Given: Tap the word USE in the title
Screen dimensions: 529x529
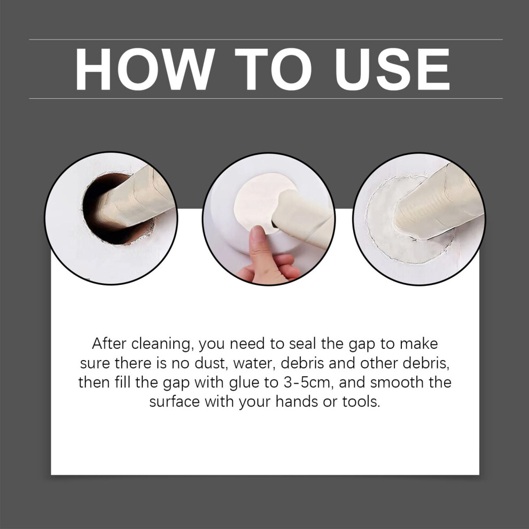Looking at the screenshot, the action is (392, 69).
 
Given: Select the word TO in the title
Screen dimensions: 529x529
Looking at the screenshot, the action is (274, 69).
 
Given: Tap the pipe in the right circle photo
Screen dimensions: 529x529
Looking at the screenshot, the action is (439, 202).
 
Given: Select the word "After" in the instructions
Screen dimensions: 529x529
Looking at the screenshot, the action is (109, 344).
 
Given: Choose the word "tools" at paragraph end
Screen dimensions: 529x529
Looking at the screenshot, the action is (361, 402).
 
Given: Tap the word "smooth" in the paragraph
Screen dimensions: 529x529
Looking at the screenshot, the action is (394, 383).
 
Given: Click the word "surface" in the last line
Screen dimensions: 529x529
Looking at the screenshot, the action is (174, 402).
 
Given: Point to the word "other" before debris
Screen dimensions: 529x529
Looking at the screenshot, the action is (379, 363).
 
